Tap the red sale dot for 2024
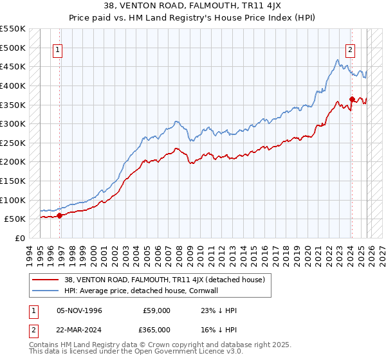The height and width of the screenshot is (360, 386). point(352,99)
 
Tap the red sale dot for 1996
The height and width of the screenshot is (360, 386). point(60,215)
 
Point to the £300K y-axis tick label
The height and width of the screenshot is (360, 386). point(13,123)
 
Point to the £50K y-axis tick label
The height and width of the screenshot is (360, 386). point(15,219)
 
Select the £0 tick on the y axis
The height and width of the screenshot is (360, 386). point(21,238)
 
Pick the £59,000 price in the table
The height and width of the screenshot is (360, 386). point(156,310)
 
